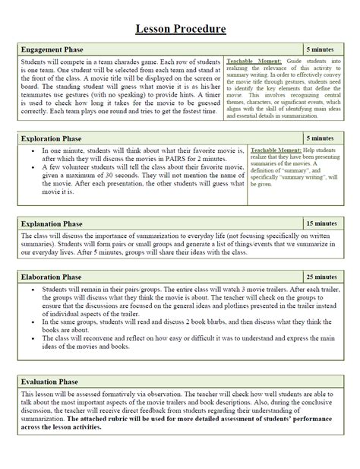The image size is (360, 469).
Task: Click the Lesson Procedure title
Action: click(180, 29)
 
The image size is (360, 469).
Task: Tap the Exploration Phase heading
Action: click(54, 139)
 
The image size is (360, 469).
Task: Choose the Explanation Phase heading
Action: click(55, 224)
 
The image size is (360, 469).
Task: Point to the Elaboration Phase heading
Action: click(54, 277)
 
